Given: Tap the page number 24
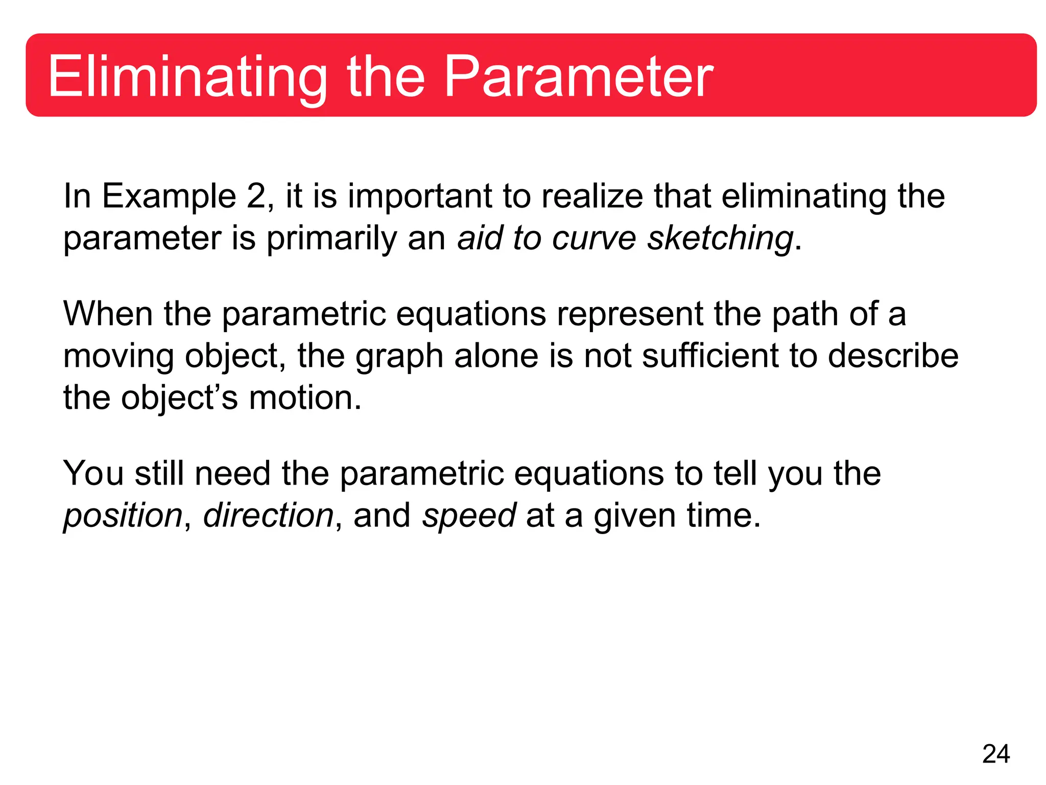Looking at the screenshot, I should coord(995,754).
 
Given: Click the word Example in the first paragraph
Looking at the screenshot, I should coord(169,197).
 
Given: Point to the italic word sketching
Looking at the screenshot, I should coord(720,239).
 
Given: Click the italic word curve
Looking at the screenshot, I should coord(594,238).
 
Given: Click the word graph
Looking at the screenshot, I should coord(399,357).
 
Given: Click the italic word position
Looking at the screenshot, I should coord(123,516).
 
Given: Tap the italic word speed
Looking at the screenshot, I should coord(469,516).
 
